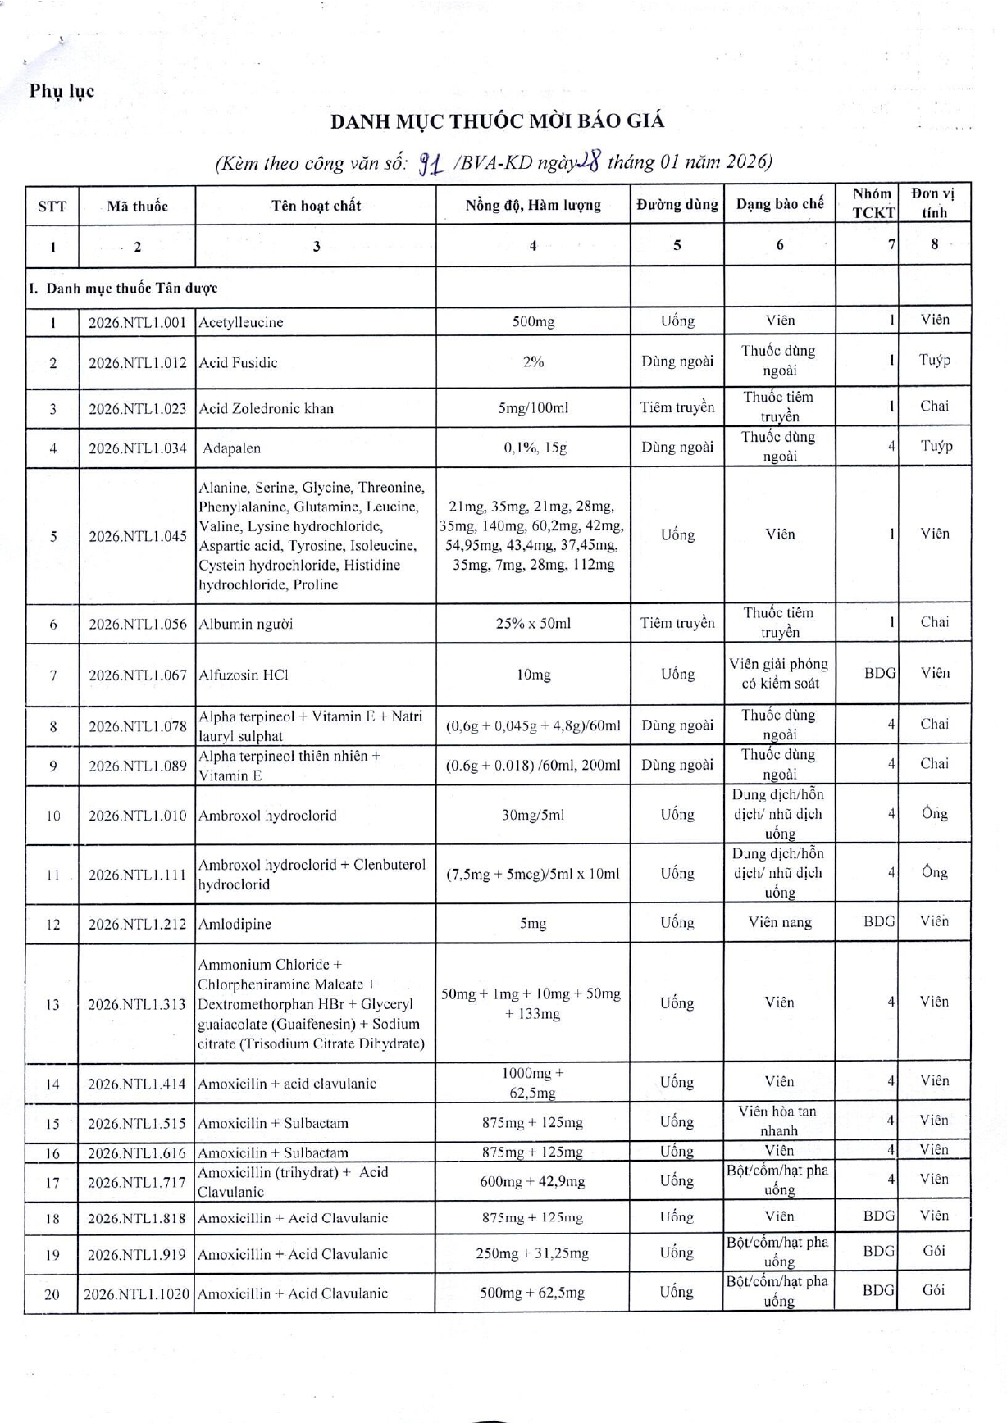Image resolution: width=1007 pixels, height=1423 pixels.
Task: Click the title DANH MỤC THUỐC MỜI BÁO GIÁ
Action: coord(497,121)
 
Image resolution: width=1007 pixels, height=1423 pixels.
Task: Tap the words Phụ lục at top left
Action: coord(62,91)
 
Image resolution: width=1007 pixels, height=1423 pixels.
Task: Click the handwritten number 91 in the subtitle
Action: coord(431,165)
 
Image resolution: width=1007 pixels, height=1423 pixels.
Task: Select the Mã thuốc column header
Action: coord(137,206)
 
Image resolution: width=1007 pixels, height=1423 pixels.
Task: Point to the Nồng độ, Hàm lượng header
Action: coord(533,205)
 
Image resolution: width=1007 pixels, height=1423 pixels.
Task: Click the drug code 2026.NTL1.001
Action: coord(137,322)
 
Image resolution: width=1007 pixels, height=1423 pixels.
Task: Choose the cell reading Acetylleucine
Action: coord(241,322)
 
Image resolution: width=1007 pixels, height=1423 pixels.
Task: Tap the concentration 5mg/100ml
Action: coord(533,408)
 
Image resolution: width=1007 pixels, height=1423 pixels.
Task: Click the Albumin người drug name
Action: coord(245,624)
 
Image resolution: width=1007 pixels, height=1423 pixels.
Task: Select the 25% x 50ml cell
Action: coord(533,623)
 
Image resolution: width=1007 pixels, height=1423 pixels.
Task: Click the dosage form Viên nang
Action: coord(780,922)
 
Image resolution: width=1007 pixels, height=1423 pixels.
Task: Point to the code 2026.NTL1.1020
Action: coord(137,1293)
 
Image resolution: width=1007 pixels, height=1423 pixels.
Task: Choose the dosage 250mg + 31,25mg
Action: coord(533,1253)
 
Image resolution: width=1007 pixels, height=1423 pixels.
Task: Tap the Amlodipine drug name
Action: coord(235,924)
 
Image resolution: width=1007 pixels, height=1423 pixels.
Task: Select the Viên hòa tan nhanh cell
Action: coord(778,1121)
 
